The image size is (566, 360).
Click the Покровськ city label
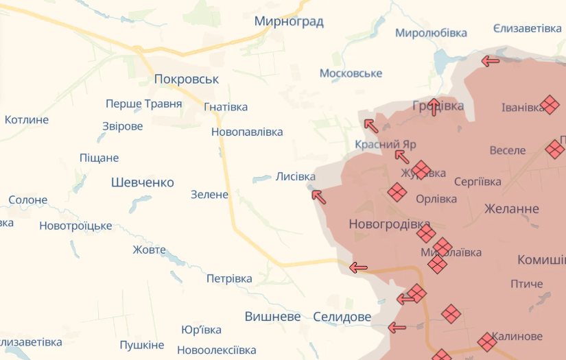[x=187, y=79]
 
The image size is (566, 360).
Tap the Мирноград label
[x=289, y=21]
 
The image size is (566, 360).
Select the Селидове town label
[x=342, y=317]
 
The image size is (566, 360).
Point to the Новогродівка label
[x=389, y=224]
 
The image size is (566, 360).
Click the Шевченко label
[x=143, y=182]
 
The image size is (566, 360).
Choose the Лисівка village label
[x=296, y=176]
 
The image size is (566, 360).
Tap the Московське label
[x=351, y=73]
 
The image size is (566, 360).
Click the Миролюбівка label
[x=431, y=33]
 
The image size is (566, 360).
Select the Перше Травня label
[x=144, y=104]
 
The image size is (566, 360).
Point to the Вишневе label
[x=273, y=317]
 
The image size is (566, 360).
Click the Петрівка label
[x=229, y=278]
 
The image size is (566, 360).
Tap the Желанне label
[x=512, y=208]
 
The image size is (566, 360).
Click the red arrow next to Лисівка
[x=318, y=197]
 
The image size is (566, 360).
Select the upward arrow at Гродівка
[x=434, y=107]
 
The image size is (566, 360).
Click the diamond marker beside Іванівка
[x=550, y=105]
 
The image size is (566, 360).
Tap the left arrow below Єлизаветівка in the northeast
[x=490, y=61]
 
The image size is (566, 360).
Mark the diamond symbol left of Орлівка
[x=397, y=193]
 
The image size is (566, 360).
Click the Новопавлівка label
[x=247, y=132]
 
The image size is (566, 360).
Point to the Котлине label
[x=27, y=120]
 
